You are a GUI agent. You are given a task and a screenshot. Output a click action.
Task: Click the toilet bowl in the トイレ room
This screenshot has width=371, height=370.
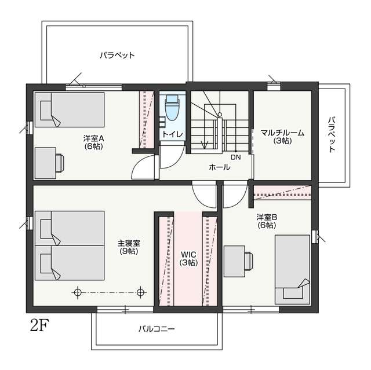[x=172, y=108]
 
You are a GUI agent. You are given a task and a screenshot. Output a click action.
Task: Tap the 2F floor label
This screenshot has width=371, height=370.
[x=39, y=325]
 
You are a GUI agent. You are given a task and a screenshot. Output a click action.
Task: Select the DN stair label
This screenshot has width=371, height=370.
[x=236, y=157]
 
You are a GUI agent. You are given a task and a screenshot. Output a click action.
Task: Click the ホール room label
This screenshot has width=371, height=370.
[x=220, y=167]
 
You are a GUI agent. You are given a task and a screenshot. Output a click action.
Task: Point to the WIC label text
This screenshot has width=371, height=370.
[x=188, y=254]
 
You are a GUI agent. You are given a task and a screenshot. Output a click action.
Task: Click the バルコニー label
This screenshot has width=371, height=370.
[x=157, y=329]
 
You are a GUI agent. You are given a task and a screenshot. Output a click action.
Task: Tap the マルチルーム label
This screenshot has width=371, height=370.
[x=282, y=133]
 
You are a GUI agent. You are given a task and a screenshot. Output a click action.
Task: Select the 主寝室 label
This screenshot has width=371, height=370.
[x=129, y=243]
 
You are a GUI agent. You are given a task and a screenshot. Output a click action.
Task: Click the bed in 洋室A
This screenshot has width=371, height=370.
[x=70, y=110]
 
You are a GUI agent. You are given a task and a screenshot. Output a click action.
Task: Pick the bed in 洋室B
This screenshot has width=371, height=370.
[x=292, y=270]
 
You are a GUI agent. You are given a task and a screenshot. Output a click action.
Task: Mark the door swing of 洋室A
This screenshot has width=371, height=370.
[x=143, y=167]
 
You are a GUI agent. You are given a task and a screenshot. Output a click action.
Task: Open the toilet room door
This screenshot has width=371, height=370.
[x=172, y=157]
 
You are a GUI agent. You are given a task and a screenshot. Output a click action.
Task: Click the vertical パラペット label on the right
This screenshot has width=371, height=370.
[x=332, y=134]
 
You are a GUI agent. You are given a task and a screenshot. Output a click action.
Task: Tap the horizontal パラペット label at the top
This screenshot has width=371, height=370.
[x=117, y=56]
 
